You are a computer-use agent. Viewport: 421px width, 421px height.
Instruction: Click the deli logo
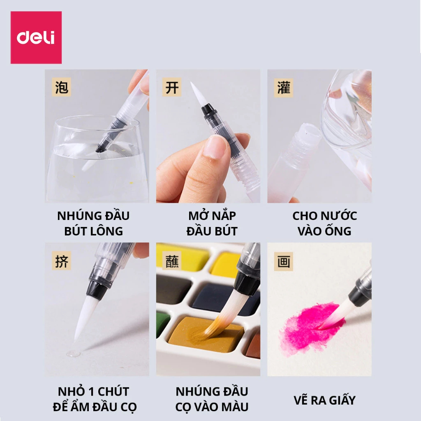(x=36, y=37)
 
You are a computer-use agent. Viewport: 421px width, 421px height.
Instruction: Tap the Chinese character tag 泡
(x=62, y=87)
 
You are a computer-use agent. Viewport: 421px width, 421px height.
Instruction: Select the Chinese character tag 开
(x=172, y=87)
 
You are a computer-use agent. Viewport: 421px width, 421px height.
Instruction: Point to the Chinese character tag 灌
(x=284, y=88)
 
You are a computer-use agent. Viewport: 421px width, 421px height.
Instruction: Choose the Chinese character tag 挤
(x=62, y=261)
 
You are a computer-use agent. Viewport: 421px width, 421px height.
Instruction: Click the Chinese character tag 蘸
(x=172, y=261)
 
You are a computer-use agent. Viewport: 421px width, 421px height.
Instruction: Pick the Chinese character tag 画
(x=284, y=261)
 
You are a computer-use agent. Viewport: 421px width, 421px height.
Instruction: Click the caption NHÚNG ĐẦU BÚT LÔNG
(x=93, y=223)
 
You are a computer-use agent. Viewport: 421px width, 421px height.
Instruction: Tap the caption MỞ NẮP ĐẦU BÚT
(x=212, y=223)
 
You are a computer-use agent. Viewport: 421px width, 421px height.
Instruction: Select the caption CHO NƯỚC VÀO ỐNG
(x=325, y=223)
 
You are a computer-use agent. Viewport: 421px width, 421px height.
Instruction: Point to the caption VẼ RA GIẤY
(x=325, y=400)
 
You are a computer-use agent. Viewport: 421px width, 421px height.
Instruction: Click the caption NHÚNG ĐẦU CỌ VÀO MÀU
(x=212, y=399)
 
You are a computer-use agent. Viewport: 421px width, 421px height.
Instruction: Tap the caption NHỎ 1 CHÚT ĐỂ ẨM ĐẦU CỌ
(x=95, y=399)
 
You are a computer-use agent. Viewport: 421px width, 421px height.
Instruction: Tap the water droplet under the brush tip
(x=73, y=353)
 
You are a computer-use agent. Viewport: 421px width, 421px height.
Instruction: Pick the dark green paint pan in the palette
(x=163, y=324)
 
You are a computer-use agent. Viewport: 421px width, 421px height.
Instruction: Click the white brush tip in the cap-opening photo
(x=198, y=94)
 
